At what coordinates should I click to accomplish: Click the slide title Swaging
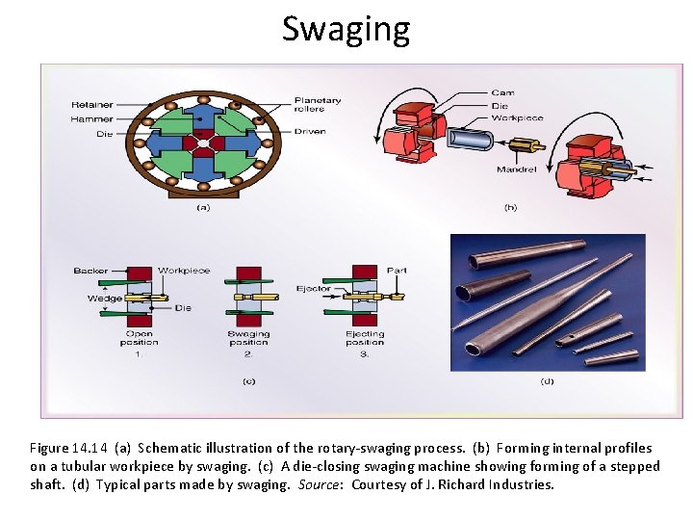[x=346, y=29]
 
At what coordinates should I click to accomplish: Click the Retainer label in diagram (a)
[x=90, y=104]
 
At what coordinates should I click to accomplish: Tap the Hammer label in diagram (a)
[x=91, y=118]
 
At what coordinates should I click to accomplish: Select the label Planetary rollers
[x=318, y=104]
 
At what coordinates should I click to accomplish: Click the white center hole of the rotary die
[x=203, y=145]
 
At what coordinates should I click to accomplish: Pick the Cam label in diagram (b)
[x=502, y=93]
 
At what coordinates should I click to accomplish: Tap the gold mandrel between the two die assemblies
[x=525, y=148]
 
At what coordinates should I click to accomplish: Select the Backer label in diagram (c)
[x=90, y=271]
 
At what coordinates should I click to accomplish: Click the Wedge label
[x=105, y=299]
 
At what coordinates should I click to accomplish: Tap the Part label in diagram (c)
[x=396, y=271]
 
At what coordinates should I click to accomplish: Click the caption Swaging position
[x=248, y=338]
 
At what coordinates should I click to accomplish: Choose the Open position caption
[x=140, y=338]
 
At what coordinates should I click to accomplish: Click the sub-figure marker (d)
[x=547, y=382]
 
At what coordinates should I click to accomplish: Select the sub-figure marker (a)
[x=203, y=206]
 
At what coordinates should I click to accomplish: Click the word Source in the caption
[x=320, y=484]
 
